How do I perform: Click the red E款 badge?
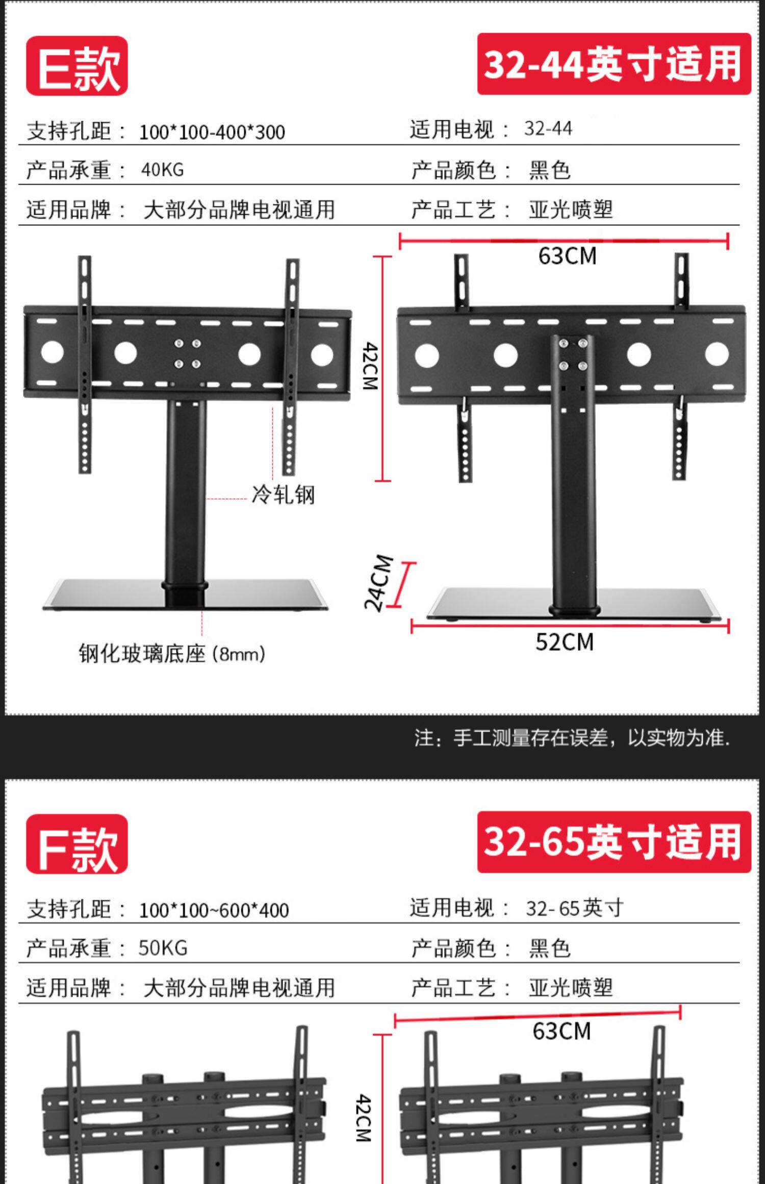77,66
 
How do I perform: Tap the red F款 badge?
77,844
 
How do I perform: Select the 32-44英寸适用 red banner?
614,64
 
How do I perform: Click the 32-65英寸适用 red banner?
614,842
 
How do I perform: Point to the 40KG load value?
162,170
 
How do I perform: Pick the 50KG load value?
163,948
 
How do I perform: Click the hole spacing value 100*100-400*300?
212,132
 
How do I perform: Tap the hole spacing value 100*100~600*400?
214,910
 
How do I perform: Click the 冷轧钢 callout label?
283,495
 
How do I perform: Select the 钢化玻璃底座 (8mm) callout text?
172,654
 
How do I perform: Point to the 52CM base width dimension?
565,642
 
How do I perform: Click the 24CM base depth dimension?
378,582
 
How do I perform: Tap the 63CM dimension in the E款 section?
567,255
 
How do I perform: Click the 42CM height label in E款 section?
370,366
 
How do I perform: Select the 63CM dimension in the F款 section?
562,1031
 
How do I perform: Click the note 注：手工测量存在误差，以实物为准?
572,738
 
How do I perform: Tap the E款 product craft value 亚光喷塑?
571,210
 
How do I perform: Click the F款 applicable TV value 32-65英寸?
574,908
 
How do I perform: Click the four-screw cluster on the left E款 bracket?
187,353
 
